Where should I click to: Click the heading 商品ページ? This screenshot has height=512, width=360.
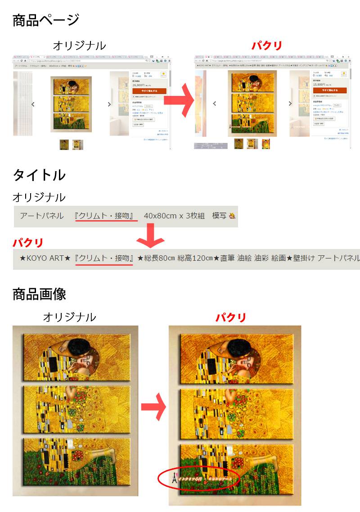46,20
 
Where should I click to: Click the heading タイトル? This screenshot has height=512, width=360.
39,175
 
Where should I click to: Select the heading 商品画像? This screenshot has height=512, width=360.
39,294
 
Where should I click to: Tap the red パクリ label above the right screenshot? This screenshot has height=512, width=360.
267,45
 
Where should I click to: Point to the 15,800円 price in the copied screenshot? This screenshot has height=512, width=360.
319,84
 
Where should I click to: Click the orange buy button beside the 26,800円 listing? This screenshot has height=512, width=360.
149,91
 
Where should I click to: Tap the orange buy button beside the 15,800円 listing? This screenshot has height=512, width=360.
330,91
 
